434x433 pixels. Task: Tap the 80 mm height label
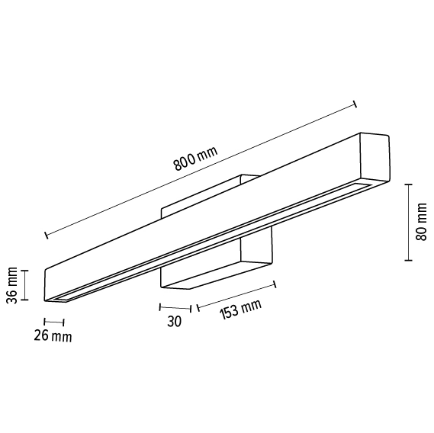click(422, 222)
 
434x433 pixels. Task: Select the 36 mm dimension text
click(11, 285)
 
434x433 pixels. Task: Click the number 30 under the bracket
click(174, 321)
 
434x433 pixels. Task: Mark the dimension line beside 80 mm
click(408, 222)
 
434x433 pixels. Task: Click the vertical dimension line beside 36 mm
click(26, 285)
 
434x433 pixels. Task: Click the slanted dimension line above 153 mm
click(236, 296)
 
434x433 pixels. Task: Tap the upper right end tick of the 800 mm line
click(355, 104)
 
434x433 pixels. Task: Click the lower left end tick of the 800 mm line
click(47, 234)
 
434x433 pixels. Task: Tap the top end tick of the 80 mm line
click(408, 184)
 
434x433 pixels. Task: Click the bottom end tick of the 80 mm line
click(408, 260)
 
